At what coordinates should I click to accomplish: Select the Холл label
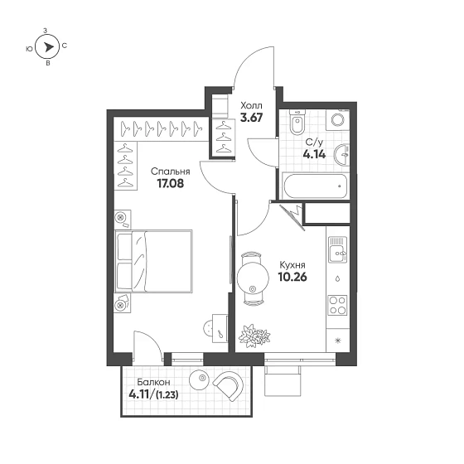coord(250,106)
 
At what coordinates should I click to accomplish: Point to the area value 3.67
coord(251,118)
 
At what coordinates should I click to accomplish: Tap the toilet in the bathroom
coord(300,123)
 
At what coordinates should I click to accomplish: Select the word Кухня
coord(293,265)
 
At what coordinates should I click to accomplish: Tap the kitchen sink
coord(336,248)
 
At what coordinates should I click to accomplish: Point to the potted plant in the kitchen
coord(249,334)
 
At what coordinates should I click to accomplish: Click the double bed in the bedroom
coord(156,259)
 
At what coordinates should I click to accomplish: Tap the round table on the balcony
coord(199,380)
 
